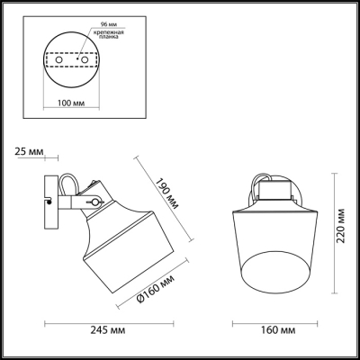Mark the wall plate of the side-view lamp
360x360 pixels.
coord(48,203)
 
